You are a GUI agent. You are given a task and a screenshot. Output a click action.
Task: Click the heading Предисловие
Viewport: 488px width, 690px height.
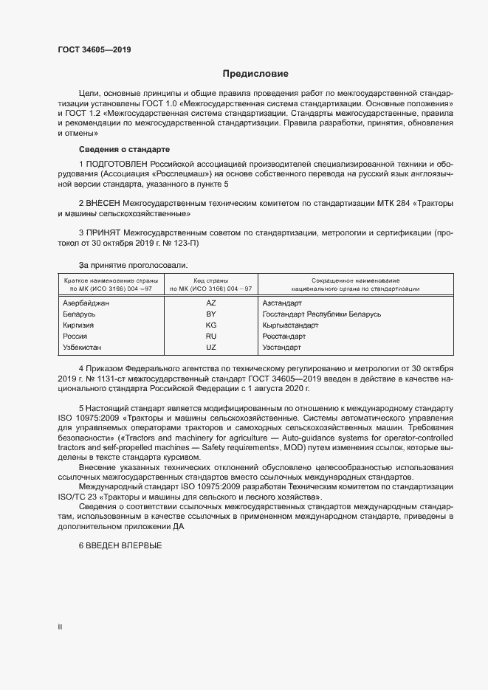pyautogui.click(x=255, y=74)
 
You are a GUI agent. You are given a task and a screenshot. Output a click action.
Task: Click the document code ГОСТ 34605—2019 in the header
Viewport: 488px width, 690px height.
pyautogui.click(x=95, y=50)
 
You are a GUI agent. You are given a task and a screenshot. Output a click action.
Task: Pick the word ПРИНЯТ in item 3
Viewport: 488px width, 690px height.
pyautogui.click(x=103, y=232)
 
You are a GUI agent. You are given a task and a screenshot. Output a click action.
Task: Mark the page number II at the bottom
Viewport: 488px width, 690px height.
pyautogui.click(x=60, y=627)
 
